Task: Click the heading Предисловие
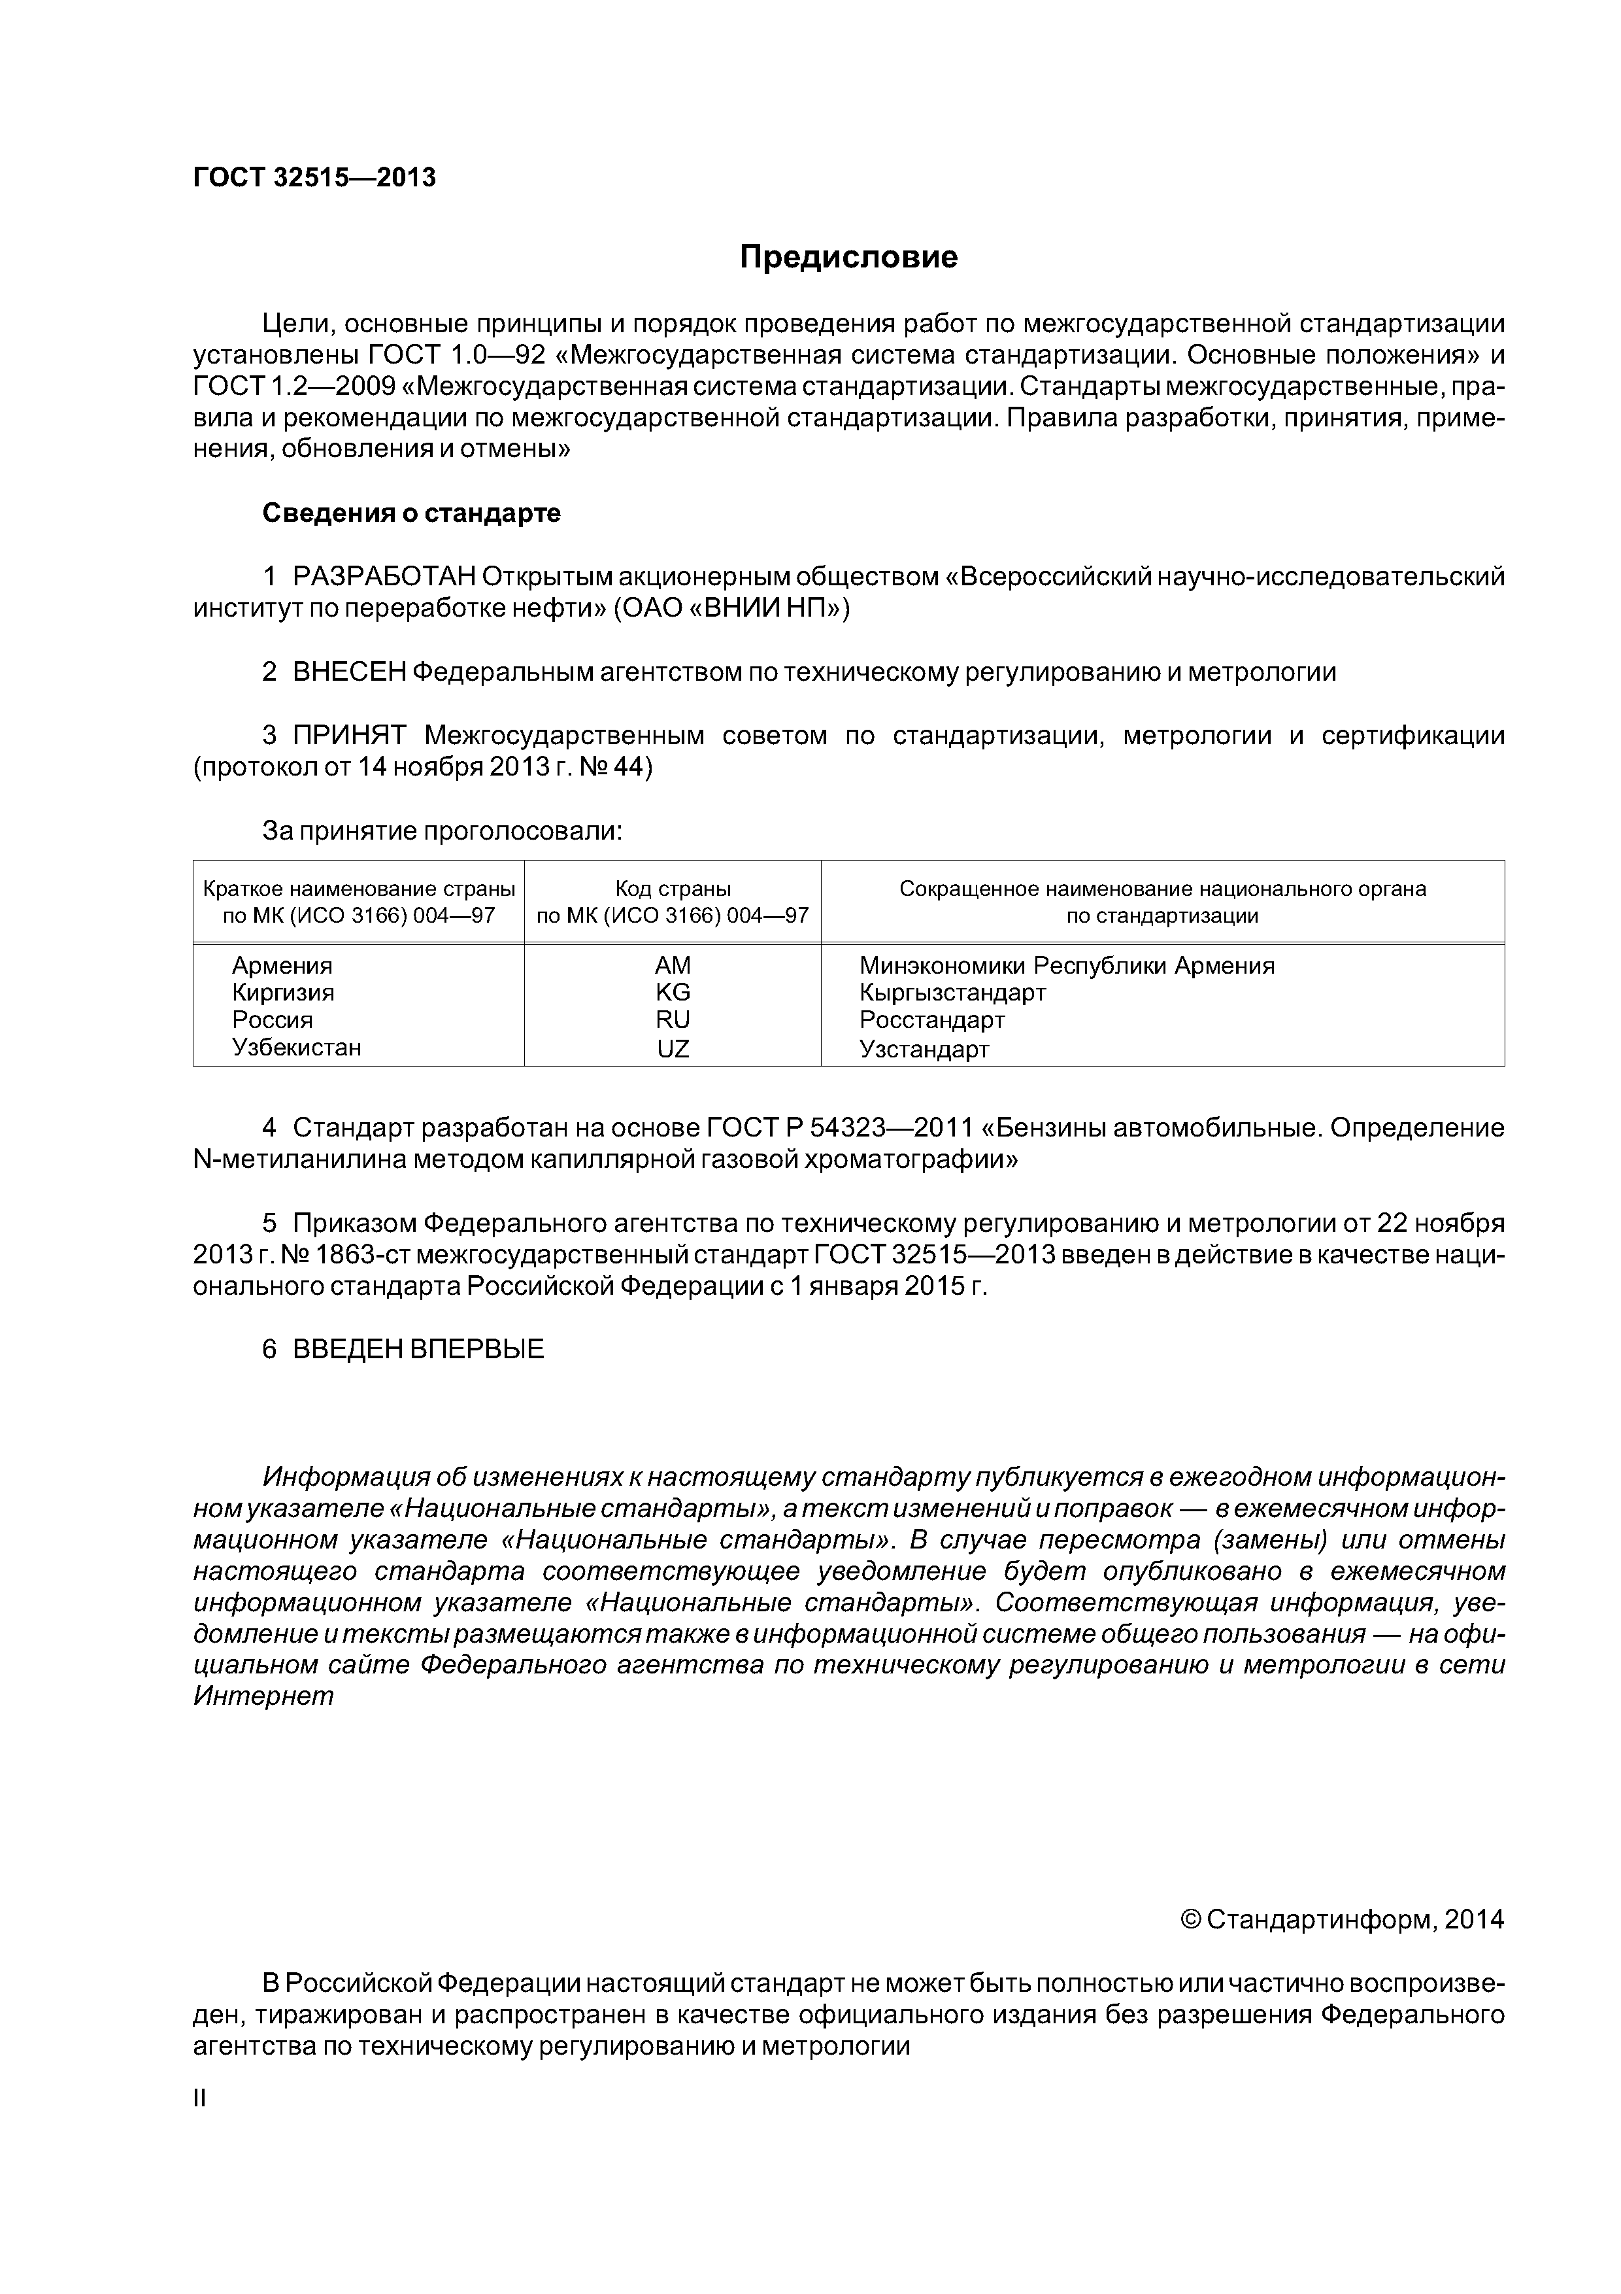(x=848, y=258)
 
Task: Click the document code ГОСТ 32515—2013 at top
(x=314, y=178)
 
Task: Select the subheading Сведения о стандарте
(x=412, y=513)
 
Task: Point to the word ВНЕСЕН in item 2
(x=348, y=672)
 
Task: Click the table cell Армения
(x=282, y=965)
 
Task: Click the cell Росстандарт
(x=932, y=1020)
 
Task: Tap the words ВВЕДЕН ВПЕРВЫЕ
(x=418, y=1349)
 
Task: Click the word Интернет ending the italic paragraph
(x=263, y=1696)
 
